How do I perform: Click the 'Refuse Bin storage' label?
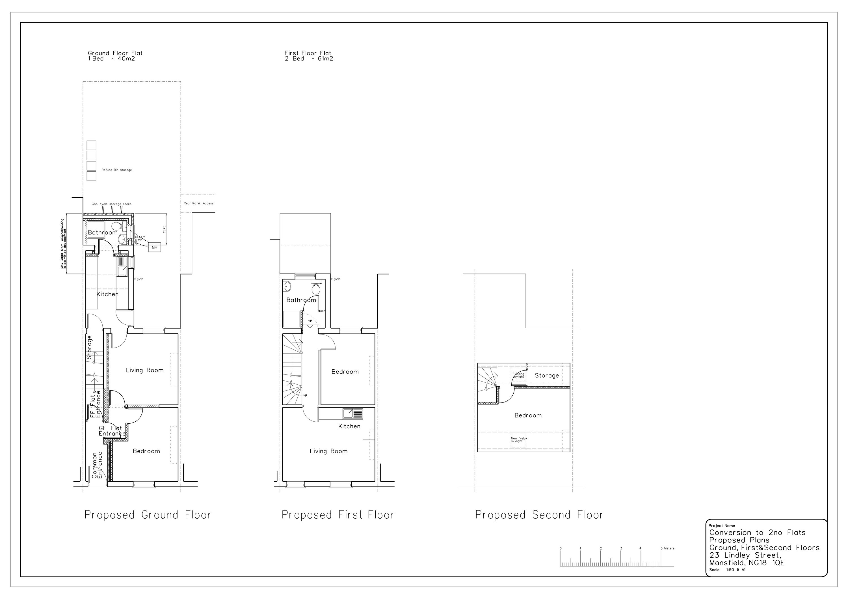[x=116, y=170]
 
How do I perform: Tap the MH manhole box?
[x=155, y=247]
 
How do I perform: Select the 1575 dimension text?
[x=164, y=229]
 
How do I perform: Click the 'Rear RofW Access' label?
[x=198, y=203]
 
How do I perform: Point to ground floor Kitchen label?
[x=107, y=294]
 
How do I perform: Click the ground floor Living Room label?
[x=144, y=370]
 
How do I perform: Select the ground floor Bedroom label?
[x=146, y=451]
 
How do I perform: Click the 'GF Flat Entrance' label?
[x=112, y=431]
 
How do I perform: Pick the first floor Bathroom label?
[x=301, y=300]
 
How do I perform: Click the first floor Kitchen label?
[x=349, y=426]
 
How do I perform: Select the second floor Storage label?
[x=547, y=376]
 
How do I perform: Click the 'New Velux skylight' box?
[x=518, y=440]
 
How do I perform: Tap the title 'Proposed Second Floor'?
[x=539, y=515]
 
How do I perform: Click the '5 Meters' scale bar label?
[x=667, y=548]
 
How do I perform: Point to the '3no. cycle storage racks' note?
[x=112, y=204]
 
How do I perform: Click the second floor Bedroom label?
[x=528, y=415]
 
